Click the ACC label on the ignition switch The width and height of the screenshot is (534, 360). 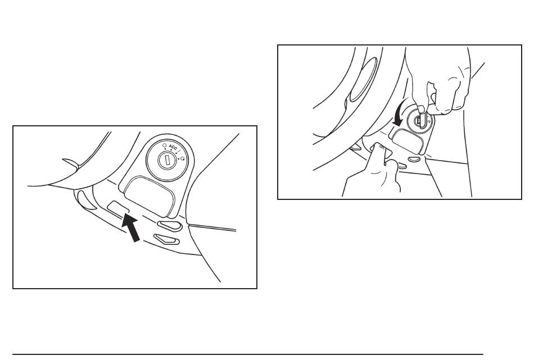pyautogui.click(x=173, y=148)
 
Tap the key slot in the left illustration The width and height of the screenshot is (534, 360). pyautogui.click(x=167, y=160)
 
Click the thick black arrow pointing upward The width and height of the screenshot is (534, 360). pyautogui.click(x=131, y=227)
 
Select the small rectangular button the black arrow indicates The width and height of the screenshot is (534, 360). pyautogui.click(x=118, y=208)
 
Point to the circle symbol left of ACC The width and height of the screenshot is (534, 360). pyautogui.click(x=165, y=145)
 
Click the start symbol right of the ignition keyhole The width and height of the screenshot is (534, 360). pyautogui.click(x=183, y=158)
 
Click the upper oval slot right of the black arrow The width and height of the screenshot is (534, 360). pyautogui.click(x=169, y=226)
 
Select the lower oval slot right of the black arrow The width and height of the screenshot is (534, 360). pyautogui.click(x=166, y=239)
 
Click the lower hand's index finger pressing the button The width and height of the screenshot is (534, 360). pyautogui.click(x=379, y=152)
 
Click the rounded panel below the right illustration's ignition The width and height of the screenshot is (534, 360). pyautogui.click(x=407, y=139)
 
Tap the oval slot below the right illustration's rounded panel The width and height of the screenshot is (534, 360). pyautogui.click(x=414, y=158)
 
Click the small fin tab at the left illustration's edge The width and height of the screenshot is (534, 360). pyautogui.click(x=71, y=163)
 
